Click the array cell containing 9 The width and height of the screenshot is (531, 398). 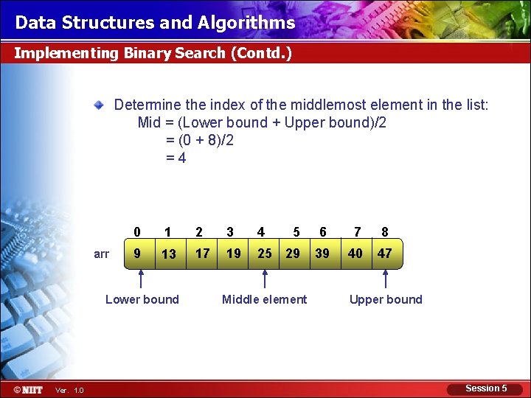136,254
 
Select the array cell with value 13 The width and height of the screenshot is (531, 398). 168,254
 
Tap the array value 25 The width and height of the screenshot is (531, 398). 264,254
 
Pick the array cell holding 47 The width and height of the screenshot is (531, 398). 384,254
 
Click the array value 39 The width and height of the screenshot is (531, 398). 322,254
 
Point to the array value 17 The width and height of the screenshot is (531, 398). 202,254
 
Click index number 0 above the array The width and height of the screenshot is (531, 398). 137,232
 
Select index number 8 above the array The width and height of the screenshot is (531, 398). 385,232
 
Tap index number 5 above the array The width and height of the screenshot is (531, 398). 296,232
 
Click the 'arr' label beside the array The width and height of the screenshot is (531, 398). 102,254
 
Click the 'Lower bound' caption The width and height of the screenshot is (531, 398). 142,299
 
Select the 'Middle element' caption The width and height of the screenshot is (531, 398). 264,299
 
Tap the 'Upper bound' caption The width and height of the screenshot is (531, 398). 386,299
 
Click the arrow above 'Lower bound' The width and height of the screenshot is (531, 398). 143,280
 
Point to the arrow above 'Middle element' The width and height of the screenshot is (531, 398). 265,280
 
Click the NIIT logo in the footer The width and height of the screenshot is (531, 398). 28,389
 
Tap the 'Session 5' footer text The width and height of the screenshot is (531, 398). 486,388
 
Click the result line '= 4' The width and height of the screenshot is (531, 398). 176,158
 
